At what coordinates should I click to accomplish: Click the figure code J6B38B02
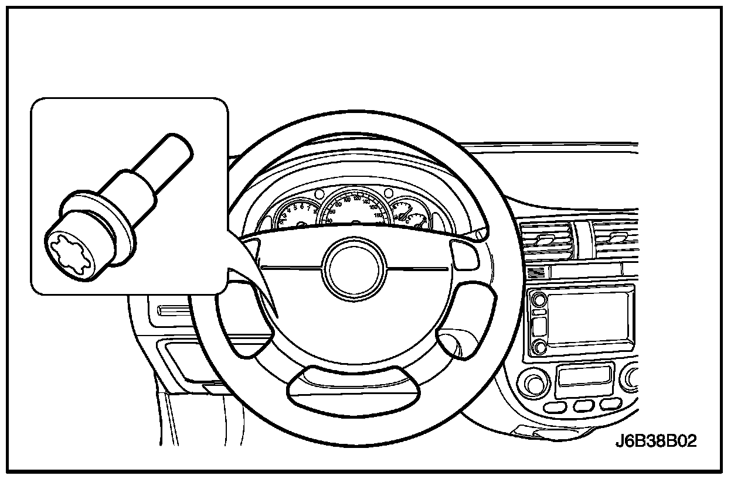click(656, 441)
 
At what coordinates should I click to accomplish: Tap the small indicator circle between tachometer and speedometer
click(319, 194)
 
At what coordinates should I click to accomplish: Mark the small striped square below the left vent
click(535, 272)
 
